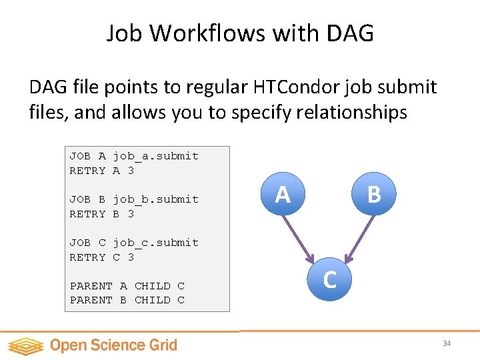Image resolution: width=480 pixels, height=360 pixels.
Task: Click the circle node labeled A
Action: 283,194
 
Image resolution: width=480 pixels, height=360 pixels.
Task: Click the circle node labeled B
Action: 374,194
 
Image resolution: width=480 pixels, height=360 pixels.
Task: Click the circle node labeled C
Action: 329,280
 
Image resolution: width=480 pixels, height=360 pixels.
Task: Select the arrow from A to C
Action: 299,237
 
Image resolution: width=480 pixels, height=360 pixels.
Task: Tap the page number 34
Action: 447,343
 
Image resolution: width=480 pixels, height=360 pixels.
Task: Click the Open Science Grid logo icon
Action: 25,345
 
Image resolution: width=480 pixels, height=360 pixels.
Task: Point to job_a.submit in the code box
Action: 155,156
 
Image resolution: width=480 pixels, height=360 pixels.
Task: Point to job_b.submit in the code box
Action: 155,199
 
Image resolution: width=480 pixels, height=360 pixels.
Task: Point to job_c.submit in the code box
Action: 155,243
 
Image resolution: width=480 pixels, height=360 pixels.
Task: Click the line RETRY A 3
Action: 102,171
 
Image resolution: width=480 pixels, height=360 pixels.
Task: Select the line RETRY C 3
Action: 102,257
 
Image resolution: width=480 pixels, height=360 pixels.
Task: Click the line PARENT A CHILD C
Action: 127,286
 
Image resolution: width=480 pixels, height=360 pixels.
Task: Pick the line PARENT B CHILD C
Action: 127,300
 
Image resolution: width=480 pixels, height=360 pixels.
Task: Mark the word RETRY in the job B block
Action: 87,214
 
